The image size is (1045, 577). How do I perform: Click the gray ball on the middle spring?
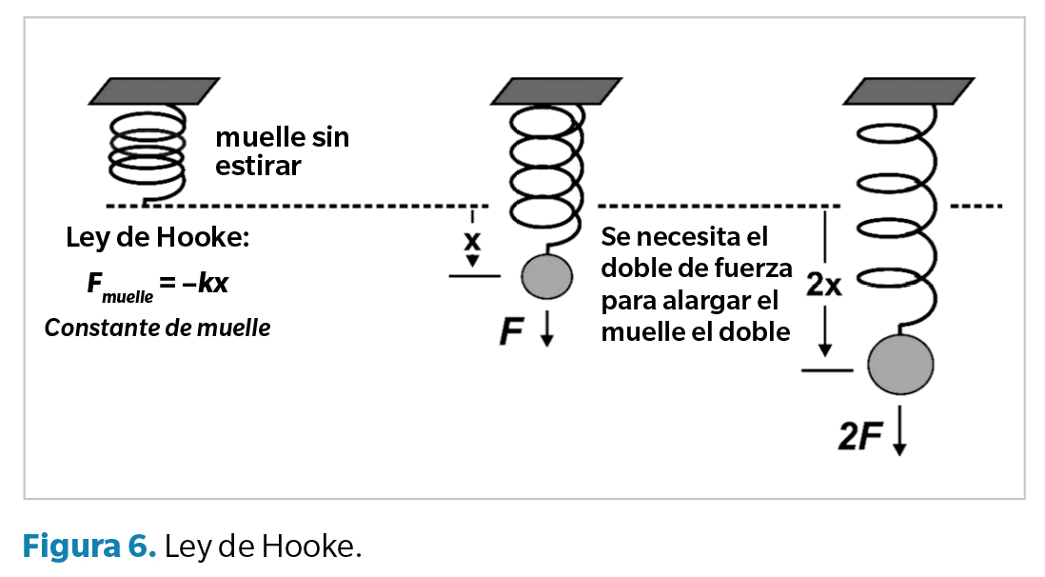(x=546, y=277)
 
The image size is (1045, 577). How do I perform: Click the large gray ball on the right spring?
(x=900, y=364)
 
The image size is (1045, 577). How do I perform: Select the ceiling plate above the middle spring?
(x=543, y=91)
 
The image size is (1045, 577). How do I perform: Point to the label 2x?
(x=824, y=284)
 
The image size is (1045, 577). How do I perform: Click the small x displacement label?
(x=471, y=238)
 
